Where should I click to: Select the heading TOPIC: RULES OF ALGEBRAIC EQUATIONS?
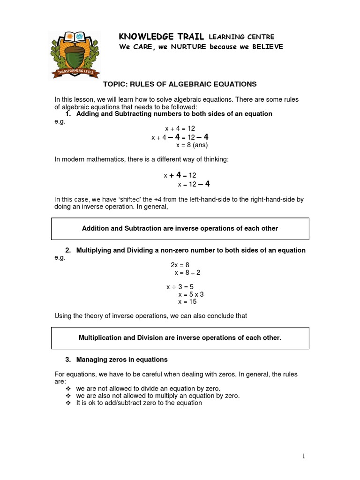coord(180,84)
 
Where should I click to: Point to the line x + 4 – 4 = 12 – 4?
coord(180,137)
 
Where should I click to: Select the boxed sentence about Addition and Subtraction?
coord(180,228)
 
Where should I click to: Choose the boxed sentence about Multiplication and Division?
coord(180,337)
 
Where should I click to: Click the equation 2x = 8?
coord(180,265)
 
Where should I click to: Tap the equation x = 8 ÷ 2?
coord(187,272)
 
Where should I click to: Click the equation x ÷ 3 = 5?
coord(180,286)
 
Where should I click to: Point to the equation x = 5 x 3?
coord(191,294)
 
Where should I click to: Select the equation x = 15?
coord(187,302)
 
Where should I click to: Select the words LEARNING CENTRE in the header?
coord(241,37)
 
